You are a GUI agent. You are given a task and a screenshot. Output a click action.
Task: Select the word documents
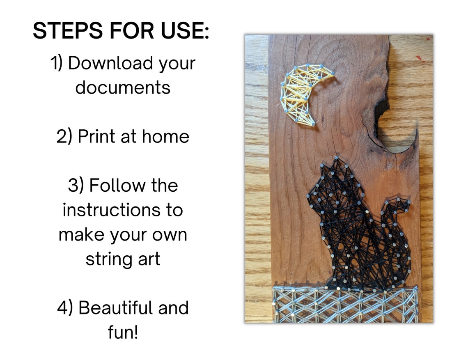(122, 87)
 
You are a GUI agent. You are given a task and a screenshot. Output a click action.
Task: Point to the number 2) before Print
(65, 136)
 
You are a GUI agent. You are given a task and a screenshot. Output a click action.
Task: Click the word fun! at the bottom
(122, 332)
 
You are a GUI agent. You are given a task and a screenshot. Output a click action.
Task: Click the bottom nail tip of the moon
(313, 124)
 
